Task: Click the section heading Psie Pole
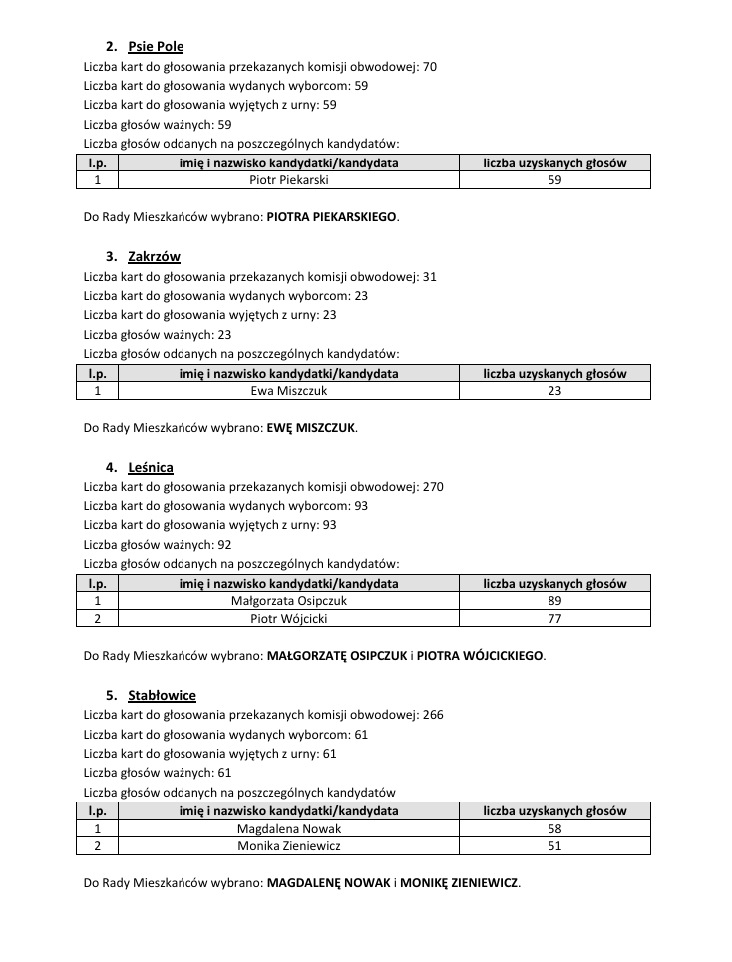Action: pyautogui.click(x=156, y=47)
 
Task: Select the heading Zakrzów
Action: pyautogui.click(x=154, y=257)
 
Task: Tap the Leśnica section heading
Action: pyautogui.click(x=151, y=468)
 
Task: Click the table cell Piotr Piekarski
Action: pyautogui.click(x=289, y=180)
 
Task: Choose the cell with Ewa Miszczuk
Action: pyautogui.click(x=289, y=391)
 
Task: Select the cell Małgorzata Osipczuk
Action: pyautogui.click(x=289, y=601)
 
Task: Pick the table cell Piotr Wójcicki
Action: pyautogui.click(x=289, y=619)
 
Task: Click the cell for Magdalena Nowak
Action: pyautogui.click(x=289, y=829)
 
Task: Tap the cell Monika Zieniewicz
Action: pyautogui.click(x=289, y=846)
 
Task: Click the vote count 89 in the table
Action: pyautogui.click(x=554, y=601)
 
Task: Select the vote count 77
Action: pyautogui.click(x=554, y=619)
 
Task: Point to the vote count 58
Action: pyautogui.click(x=554, y=829)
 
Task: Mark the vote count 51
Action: pyautogui.click(x=554, y=846)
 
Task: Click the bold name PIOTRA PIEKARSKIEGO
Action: pyautogui.click(x=332, y=216)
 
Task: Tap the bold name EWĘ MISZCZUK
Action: pyautogui.click(x=311, y=428)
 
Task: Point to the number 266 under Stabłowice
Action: pyautogui.click(x=433, y=715)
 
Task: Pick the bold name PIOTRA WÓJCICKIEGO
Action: pyautogui.click(x=481, y=656)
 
